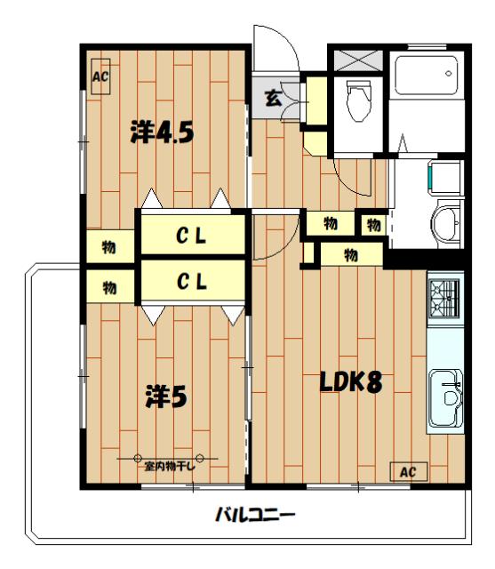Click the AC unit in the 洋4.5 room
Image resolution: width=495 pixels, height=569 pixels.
tap(100, 76)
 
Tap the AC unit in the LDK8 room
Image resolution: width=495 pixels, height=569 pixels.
tap(409, 471)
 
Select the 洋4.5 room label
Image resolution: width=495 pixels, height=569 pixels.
tap(162, 132)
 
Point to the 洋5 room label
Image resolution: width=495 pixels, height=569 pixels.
tap(166, 397)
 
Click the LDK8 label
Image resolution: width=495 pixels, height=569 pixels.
tap(351, 382)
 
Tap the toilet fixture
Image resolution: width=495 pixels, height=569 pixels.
tap(359, 100)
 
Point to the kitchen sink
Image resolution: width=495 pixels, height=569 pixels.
tap(446, 398)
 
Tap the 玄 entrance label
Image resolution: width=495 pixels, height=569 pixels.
tap(273, 98)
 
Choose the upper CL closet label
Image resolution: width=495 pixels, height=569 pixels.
tap(191, 236)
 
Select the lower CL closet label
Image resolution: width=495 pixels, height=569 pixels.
tap(192, 282)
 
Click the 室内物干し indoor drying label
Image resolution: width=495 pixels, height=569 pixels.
tap(170, 466)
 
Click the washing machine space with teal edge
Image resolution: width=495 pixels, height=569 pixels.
tap(445, 177)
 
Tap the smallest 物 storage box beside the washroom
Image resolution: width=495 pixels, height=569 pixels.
tap(373, 225)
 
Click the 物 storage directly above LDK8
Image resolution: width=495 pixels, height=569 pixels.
tap(351, 255)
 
